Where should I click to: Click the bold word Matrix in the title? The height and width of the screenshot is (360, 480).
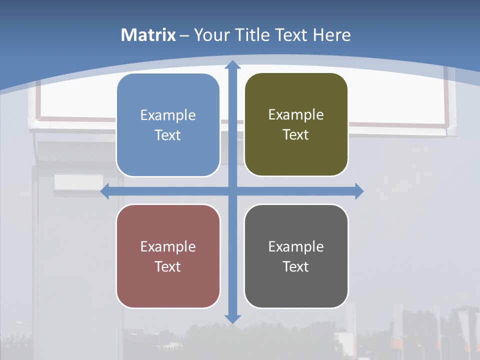(148, 35)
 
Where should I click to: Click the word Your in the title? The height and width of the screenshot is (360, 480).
(212, 35)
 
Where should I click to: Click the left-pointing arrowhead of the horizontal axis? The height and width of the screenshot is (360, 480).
(105, 191)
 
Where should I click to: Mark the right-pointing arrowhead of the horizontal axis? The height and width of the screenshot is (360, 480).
(359, 191)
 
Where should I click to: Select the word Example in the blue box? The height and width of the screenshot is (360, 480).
(168, 115)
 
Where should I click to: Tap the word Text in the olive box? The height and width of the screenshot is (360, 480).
(296, 135)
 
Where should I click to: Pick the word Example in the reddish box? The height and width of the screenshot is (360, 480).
(168, 247)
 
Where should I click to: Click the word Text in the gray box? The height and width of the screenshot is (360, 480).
(296, 266)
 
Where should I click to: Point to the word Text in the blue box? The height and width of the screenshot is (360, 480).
(168, 135)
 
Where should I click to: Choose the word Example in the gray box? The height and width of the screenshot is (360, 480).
(296, 247)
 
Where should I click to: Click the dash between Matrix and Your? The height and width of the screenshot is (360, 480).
(184, 35)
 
